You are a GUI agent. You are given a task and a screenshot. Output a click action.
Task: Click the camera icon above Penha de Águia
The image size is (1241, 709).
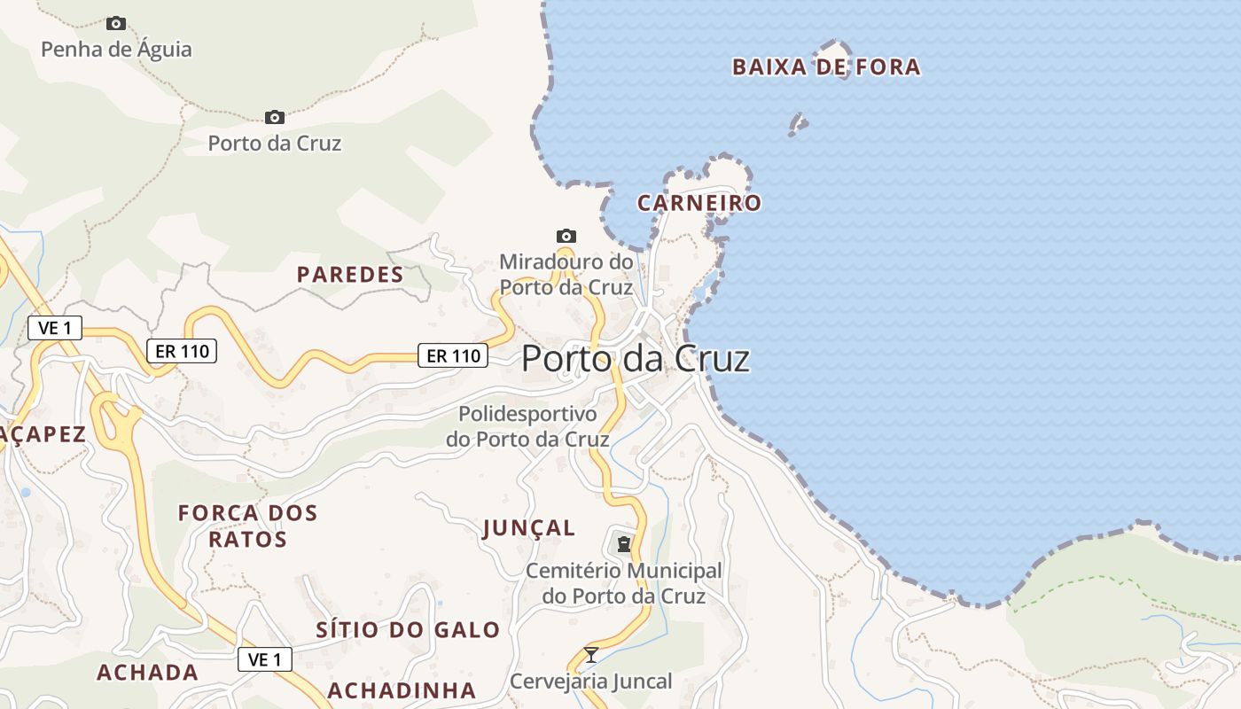(116, 23)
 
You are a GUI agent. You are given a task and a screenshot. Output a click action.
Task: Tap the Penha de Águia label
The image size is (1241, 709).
(116, 49)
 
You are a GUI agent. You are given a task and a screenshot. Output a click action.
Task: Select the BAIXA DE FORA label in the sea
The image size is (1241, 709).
(825, 66)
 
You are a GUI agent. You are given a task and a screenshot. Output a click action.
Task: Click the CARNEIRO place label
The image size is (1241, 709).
(699, 203)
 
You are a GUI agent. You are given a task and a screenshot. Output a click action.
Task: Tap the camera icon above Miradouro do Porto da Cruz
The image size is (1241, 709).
(566, 236)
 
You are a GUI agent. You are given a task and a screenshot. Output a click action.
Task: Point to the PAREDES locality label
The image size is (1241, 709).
(350, 275)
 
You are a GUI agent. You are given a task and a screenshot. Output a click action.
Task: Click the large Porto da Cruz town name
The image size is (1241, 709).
(636, 358)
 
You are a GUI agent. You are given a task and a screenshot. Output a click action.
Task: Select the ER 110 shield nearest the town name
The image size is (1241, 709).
(454, 355)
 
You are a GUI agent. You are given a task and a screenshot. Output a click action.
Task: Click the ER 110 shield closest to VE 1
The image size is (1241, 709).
(182, 351)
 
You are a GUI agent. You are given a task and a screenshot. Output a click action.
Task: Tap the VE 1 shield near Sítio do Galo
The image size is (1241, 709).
(265, 659)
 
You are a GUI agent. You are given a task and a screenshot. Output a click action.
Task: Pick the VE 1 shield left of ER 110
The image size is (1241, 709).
(55, 328)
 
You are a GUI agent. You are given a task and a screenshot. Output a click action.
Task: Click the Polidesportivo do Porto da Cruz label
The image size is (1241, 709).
(527, 426)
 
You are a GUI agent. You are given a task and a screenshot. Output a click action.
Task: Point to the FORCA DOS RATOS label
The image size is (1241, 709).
(247, 526)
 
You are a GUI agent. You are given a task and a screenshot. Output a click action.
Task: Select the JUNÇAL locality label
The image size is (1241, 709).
(529, 528)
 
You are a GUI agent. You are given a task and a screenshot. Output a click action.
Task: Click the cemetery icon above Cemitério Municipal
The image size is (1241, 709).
(624, 543)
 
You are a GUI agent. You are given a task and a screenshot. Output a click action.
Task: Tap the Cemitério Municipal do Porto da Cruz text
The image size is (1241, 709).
(624, 583)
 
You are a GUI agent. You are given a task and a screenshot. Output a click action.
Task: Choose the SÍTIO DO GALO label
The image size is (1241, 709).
(408, 630)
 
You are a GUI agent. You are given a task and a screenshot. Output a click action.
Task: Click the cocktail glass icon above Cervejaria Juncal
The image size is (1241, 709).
(591, 655)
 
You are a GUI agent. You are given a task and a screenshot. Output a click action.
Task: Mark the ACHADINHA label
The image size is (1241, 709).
(402, 690)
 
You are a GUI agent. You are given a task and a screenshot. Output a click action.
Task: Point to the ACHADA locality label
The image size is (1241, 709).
(147, 673)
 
